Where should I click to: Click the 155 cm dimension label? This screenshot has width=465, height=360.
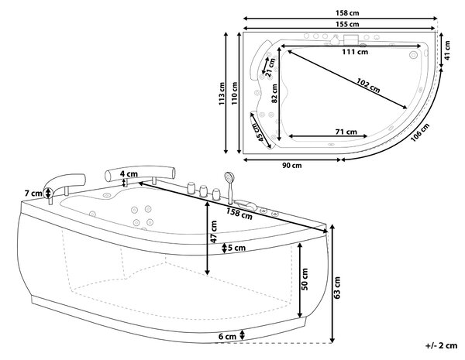pyautogui.click(x=347, y=24)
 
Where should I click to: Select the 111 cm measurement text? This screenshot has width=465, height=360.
pyautogui.click(x=355, y=52)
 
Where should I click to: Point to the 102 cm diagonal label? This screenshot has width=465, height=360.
pyautogui.click(x=368, y=85)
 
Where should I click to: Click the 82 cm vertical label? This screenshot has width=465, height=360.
pyautogui.click(x=274, y=94)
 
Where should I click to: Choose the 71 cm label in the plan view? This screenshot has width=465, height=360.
pyautogui.click(x=346, y=132)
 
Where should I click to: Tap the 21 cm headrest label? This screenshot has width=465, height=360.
pyautogui.click(x=270, y=66)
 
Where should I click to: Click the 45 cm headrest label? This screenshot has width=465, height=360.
pyautogui.click(x=257, y=132)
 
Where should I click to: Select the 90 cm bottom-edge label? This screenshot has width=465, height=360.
pyautogui.click(x=292, y=166)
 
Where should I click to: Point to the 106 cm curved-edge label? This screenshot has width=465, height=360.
pyautogui.click(x=420, y=132)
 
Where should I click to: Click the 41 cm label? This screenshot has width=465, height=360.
pyautogui.click(x=447, y=50)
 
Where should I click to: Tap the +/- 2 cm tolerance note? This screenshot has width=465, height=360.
pyautogui.click(x=441, y=345)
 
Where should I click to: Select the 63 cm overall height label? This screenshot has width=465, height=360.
pyautogui.click(x=337, y=287)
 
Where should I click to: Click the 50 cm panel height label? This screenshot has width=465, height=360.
pyautogui.click(x=305, y=279)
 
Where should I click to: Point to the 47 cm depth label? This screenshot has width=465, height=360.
pyautogui.click(x=214, y=231)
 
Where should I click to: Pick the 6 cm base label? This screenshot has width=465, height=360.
pyautogui.click(x=227, y=337)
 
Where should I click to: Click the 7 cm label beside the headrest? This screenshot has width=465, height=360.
pyautogui.click(x=33, y=194)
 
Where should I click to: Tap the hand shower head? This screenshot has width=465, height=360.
pyautogui.click(x=229, y=177)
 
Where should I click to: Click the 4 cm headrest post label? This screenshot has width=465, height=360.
pyautogui.click(x=129, y=173)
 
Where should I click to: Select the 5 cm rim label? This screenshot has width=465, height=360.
pyautogui.click(x=236, y=248)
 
